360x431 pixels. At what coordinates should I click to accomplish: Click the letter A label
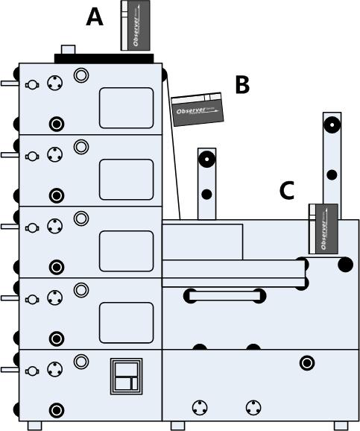pos(95,16)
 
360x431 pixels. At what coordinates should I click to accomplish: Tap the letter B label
pos(241,85)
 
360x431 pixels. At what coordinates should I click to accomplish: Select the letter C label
pos(287,191)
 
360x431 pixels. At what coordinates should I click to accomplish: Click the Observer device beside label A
pos(135,25)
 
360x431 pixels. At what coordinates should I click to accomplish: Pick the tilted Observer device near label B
pos(198,109)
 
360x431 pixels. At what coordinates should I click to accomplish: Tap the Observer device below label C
pos(323,227)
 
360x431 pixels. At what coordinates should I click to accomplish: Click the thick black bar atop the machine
pos(104,58)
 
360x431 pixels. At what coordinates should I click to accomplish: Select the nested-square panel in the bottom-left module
pos(125,376)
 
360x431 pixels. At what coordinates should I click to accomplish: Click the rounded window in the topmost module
pos(126,107)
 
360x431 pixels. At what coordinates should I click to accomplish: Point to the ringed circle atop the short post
pos(206,159)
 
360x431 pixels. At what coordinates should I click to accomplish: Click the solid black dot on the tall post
pos(332,176)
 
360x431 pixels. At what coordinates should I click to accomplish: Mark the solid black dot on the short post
pos(206,195)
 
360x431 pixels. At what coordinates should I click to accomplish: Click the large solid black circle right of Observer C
pos(345,264)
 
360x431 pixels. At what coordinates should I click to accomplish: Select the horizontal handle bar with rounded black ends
pos(224,296)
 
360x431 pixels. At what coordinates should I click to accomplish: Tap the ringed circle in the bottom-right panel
pos(306,363)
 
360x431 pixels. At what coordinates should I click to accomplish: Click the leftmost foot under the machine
pos(35,426)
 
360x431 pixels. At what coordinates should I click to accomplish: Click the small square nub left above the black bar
pos(68,50)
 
